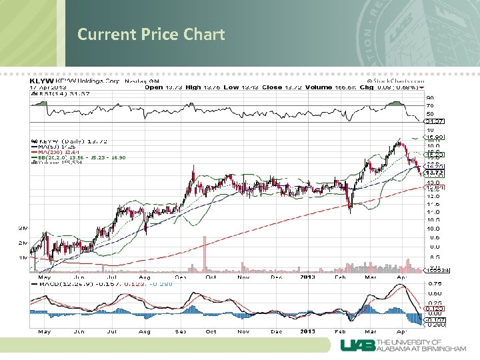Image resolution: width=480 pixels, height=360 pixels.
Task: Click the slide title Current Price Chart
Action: [x=151, y=34]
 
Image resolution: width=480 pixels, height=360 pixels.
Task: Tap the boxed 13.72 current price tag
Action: [x=435, y=173]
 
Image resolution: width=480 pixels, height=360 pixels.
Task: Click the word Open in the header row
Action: [x=154, y=87]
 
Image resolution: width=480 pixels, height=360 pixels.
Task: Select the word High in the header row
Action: [x=194, y=87]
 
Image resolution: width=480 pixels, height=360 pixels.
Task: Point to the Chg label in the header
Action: [x=366, y=87]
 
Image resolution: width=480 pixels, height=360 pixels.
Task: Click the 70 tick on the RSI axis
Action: [x=430, y=105]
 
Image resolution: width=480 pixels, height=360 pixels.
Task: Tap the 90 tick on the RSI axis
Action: [x=430, y=98]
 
